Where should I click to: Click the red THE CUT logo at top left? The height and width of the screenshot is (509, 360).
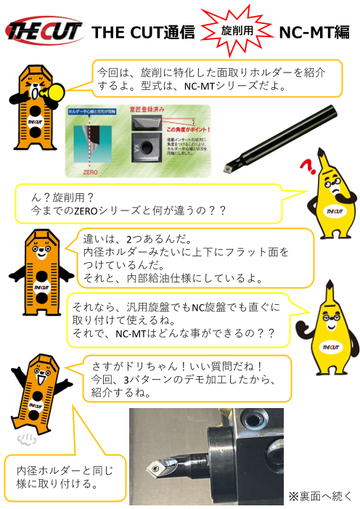(44, 31)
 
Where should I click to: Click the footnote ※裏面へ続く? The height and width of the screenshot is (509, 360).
(319, 496)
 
